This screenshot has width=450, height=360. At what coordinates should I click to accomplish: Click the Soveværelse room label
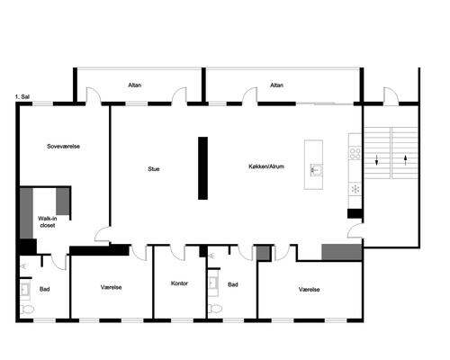63,147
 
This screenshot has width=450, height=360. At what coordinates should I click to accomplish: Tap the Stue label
154,169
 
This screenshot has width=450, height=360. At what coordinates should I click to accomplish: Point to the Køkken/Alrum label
266,166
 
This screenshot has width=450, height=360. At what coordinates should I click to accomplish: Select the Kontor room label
179,283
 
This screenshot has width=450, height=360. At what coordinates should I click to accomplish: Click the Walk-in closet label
48,221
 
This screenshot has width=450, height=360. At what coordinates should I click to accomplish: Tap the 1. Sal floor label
22,97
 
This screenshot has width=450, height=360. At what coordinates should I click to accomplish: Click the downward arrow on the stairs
377,160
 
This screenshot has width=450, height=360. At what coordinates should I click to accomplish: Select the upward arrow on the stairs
406,160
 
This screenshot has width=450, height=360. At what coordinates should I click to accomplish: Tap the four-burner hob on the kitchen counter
355,153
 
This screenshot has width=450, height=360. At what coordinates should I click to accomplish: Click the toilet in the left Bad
27,310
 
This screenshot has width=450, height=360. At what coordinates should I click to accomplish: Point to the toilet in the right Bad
215,309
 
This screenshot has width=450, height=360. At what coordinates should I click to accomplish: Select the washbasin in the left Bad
25,290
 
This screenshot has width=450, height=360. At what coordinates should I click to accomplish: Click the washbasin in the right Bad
213,283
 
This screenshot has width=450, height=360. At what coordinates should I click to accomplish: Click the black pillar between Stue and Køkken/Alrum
202,168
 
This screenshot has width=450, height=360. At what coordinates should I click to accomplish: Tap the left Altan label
135,85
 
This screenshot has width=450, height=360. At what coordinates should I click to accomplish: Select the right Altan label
276,85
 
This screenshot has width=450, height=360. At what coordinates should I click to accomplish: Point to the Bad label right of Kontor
233,284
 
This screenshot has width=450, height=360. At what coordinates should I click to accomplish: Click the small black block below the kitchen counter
355,213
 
